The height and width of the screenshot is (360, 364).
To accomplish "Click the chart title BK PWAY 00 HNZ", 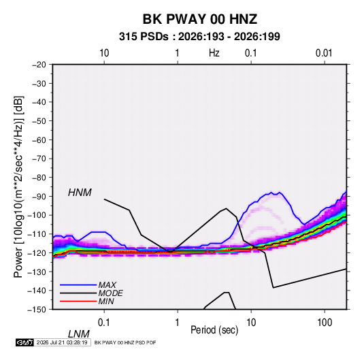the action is click(200, 19).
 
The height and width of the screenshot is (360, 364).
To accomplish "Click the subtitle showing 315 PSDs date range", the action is click(199, 37).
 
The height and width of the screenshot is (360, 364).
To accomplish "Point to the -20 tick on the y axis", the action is click(39, 65).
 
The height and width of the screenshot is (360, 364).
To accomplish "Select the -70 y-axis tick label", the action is click(39, 159).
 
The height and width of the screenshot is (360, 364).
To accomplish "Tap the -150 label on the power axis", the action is click(37, 310).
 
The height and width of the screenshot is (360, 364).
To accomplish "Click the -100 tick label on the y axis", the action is click(37, 215).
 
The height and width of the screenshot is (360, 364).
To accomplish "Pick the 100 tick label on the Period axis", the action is click(325, 323).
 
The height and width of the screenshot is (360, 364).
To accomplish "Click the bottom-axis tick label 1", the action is click(178, 323).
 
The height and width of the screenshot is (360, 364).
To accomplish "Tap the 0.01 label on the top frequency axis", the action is click(324, 53).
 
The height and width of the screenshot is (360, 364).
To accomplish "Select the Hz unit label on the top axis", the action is click(214, 53).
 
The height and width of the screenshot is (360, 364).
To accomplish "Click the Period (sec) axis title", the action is click(214, 330).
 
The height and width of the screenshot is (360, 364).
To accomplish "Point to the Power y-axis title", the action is click(18, 187).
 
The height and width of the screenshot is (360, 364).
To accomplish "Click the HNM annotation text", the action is click(80, 193).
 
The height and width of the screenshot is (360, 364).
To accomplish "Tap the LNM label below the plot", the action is click(79, 334).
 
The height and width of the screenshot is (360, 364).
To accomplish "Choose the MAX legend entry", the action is click(107, 285).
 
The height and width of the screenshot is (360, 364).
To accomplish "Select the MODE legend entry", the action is click(110, 293).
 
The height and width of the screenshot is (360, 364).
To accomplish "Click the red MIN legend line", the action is click(78, 301).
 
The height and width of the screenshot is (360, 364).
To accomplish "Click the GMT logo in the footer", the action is click(24, 342).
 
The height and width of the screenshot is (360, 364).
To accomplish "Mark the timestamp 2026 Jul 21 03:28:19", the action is click(62, 342).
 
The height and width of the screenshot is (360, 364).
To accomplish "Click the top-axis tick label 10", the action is click(104, 53).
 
